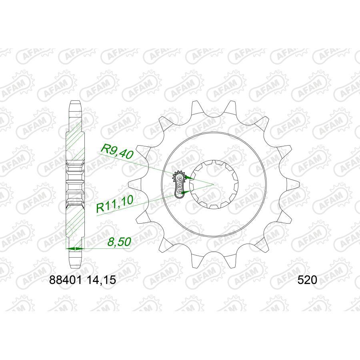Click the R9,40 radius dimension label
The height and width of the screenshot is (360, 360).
click(117, 152)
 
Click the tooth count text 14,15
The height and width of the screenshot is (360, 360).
click(101, 281)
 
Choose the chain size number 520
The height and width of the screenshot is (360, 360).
click(307, 281)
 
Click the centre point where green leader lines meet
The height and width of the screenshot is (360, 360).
click(213, 184)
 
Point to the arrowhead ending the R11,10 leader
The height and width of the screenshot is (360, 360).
click(183, 192)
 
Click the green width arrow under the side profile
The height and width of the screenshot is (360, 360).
click(75, 249)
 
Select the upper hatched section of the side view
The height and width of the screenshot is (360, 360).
click(75, 140)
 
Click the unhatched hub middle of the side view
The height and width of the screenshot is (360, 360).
click(75, 182)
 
